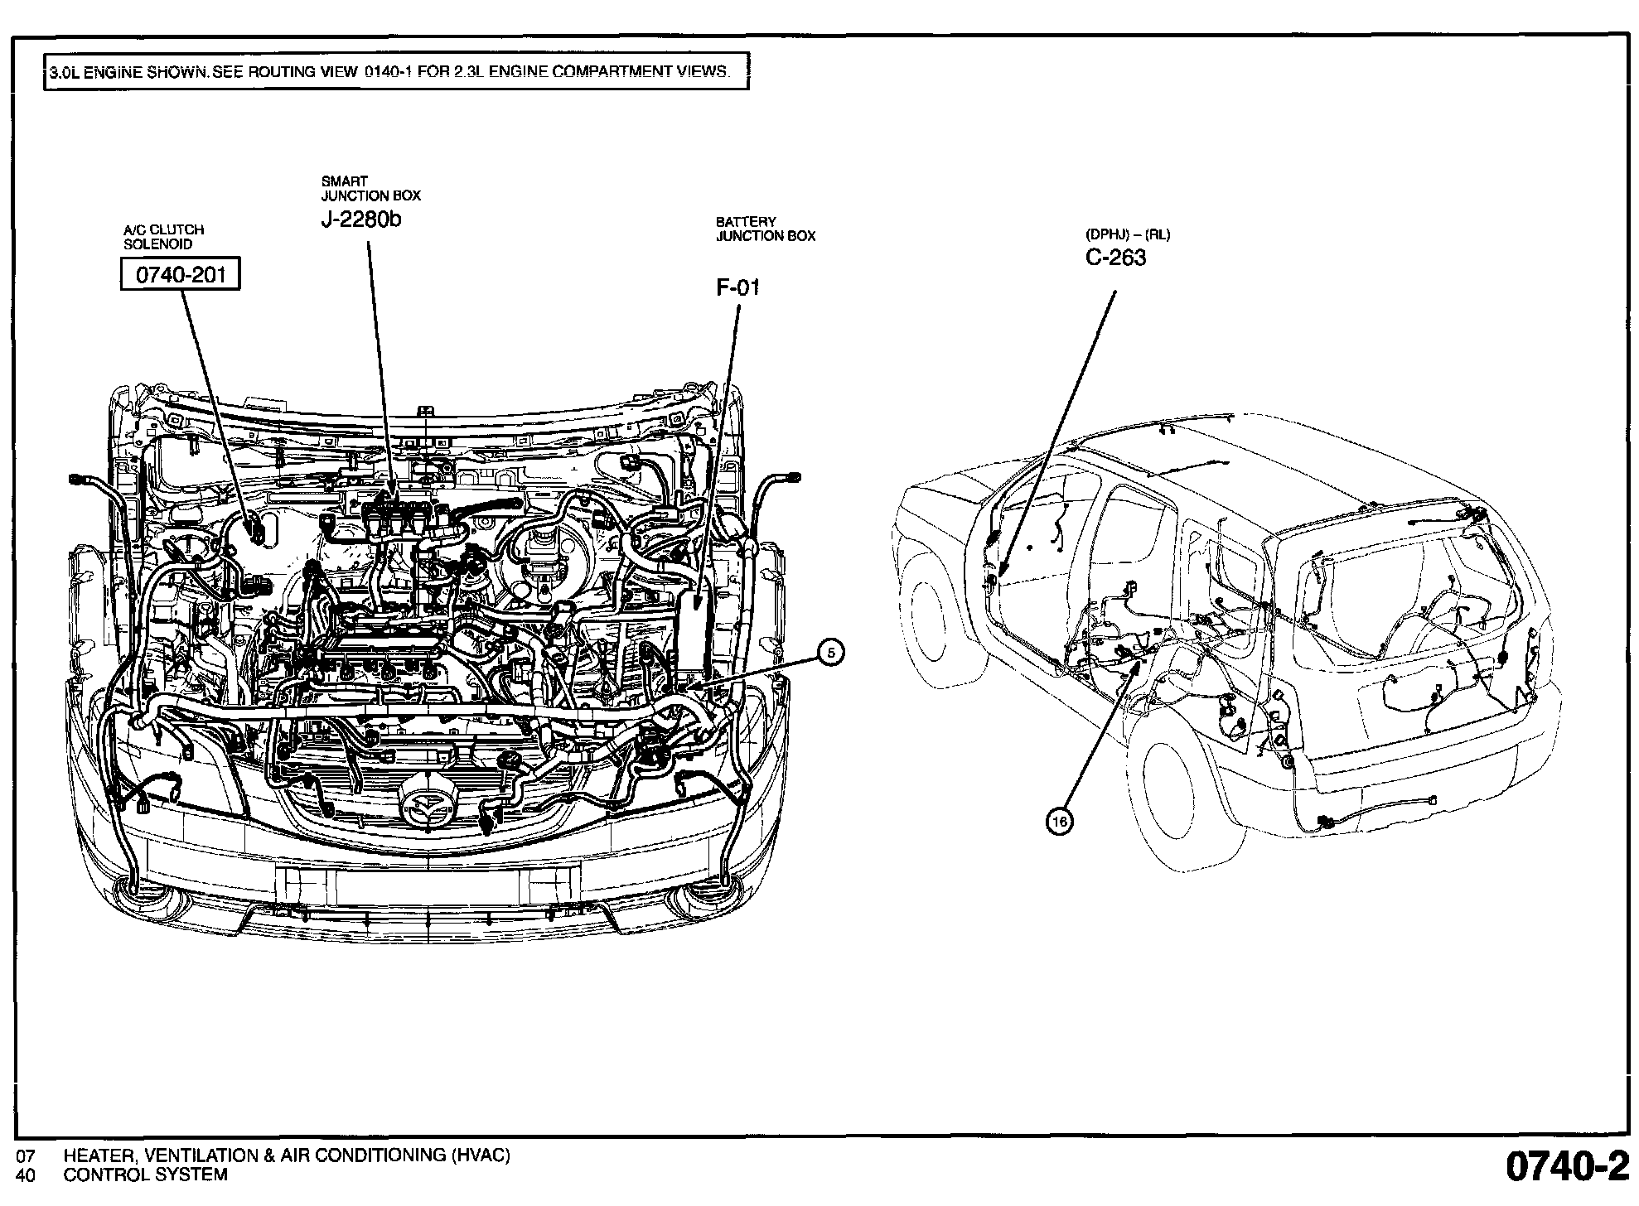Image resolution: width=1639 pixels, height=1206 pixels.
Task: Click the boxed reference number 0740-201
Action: [181, 274]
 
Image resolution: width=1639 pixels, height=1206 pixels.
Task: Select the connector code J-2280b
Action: [361, 220]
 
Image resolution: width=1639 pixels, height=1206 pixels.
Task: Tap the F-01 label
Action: [737, 288]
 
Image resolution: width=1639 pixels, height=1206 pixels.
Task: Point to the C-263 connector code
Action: [1115, 258]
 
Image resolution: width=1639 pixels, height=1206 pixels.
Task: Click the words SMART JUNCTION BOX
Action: [370, 189]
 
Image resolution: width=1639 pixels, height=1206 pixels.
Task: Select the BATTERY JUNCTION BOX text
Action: [766, 229]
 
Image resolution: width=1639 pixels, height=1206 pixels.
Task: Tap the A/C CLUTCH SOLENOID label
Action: [163, 237]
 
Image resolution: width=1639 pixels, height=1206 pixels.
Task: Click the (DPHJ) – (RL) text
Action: [1128, 235]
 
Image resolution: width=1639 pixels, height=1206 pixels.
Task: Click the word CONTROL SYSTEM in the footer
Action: [145, 1175]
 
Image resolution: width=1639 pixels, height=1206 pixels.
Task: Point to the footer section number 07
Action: [26, 1155]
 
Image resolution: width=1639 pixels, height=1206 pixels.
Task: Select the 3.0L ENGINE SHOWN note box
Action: [396, 71]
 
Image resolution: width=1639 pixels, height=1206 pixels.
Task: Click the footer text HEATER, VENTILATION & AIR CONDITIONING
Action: [287, 1155]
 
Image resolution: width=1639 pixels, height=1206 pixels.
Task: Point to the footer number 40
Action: [26, 1175]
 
